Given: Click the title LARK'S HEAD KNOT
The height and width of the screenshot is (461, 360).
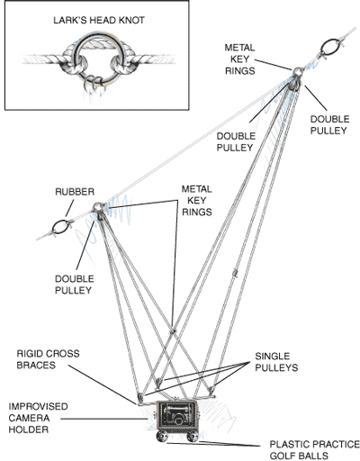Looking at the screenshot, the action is click(x=99, y=21).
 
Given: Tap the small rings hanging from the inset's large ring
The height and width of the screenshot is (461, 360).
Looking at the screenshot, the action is click(x=94, y=84).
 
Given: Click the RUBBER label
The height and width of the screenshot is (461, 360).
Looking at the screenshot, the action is click(x=75, y=192).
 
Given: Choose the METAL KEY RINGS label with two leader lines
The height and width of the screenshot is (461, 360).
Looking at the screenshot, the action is click(x=197, y=201).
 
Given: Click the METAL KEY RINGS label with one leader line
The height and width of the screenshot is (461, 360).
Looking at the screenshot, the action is click(x=239, y=59).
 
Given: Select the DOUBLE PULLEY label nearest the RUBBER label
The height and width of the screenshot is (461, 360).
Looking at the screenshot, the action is click(x=75, y=285).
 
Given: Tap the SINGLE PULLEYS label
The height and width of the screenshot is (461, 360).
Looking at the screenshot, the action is click(x=276, y=362).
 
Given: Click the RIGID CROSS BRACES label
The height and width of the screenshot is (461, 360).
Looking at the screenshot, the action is click(x=48, y=359).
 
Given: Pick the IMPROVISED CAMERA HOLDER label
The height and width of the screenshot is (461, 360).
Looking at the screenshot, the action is click(x=38, y=418).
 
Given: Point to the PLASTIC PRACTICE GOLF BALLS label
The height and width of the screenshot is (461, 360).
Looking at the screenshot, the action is click(x=314, y=449).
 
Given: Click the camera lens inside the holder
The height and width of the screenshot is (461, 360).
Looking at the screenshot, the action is click(x=178, y=419).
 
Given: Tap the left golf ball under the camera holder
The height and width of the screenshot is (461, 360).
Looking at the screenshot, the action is click(x=162, y=436).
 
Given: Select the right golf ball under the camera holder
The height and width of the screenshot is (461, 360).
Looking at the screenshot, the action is click(x=193, y=437).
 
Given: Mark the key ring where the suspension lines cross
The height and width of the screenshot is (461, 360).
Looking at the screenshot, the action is click(x=173, y=331).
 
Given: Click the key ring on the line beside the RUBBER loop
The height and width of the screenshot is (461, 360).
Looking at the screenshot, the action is click(x=97, y=207).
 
